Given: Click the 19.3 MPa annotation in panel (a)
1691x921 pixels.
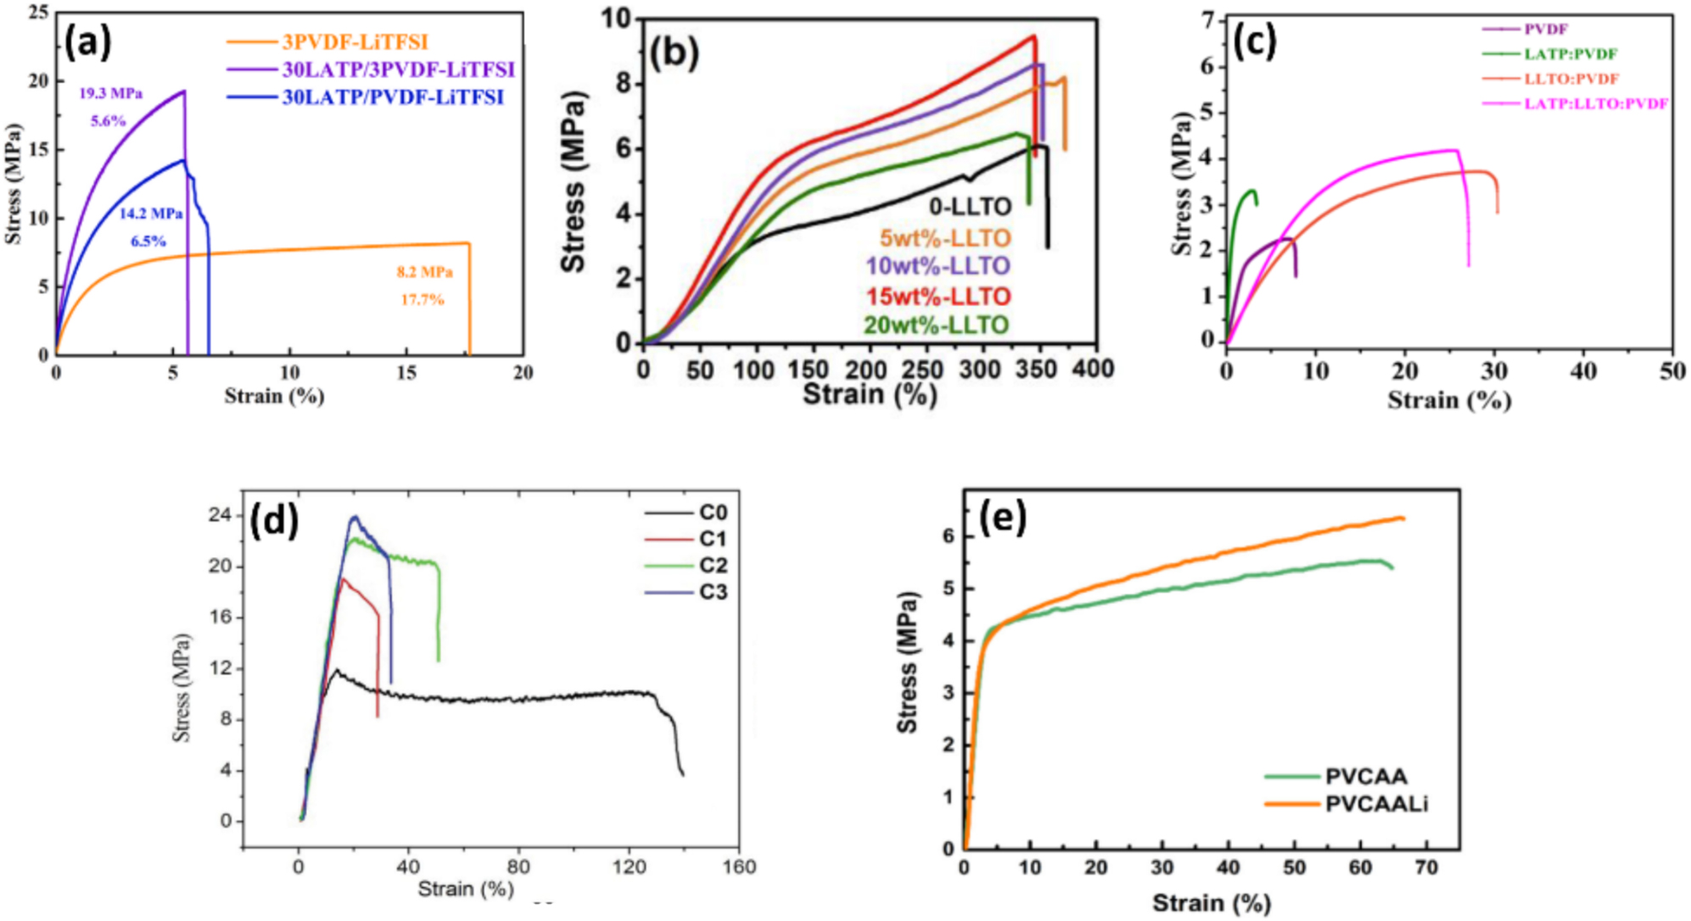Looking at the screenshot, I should click(110, 93).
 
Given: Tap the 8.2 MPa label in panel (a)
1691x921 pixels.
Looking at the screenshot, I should click(424, 272).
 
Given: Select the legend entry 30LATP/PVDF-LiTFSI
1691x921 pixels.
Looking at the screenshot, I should click(393, 97).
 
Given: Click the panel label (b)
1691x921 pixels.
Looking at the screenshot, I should click(674, 53).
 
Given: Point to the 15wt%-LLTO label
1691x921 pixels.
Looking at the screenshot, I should click(938, 297).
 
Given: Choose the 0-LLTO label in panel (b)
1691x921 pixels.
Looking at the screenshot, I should click(970, 207).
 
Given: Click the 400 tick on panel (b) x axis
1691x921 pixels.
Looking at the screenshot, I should click(1093, 369).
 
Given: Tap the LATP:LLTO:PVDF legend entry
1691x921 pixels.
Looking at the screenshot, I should click(1595, 103).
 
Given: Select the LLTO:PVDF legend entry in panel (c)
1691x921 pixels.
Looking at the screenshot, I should click(1571, 79).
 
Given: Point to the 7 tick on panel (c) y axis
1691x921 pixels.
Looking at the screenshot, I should click(1207, 20).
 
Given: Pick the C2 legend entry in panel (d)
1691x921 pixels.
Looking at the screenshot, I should click(713, 565).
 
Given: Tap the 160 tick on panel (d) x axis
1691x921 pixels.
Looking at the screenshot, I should click(739, 867).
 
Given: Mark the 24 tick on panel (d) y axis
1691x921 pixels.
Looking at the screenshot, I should click(221, 515).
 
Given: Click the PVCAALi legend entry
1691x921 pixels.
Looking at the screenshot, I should click(1375, 803).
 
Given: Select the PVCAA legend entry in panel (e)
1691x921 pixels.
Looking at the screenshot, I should click(1365, 776).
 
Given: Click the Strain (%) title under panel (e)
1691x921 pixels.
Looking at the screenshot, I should click(1211, 902).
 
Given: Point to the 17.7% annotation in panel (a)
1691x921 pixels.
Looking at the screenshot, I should click(423, 299).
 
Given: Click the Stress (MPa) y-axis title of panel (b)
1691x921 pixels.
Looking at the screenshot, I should click(574, 181).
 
